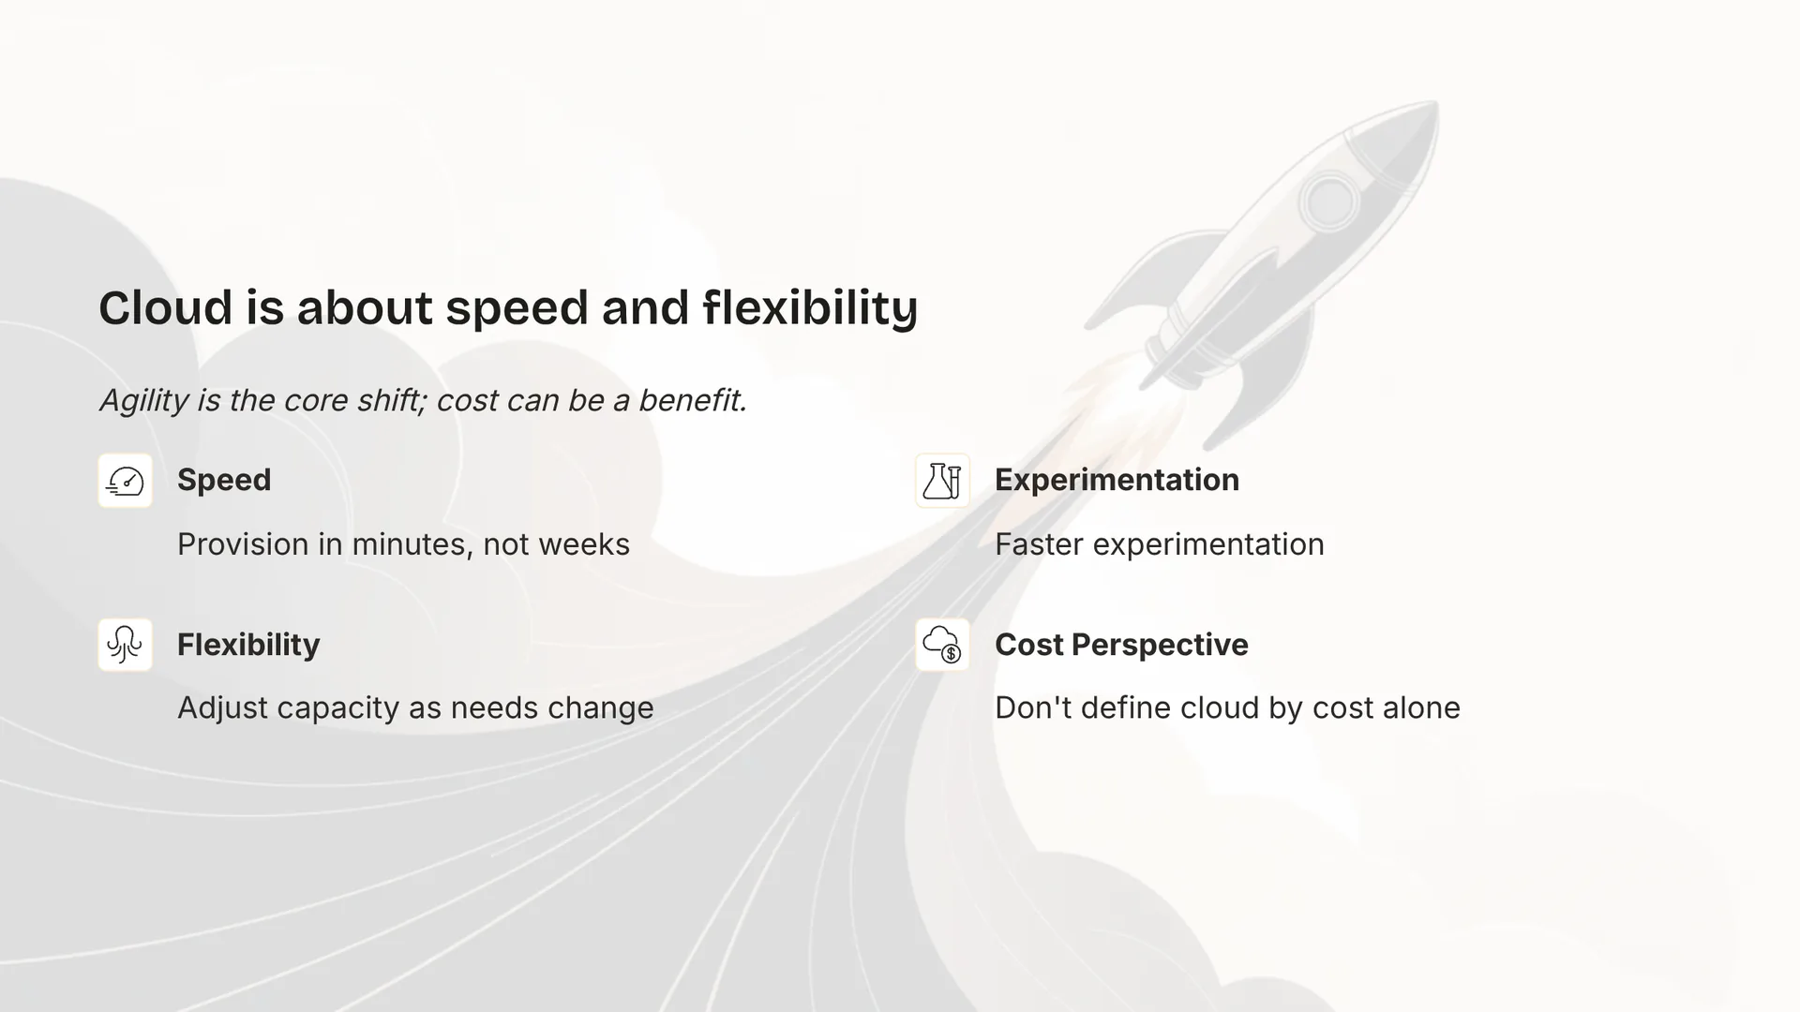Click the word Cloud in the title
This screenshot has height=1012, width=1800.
click(x=165, y=308)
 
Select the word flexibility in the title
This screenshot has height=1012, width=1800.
click(x=810, y=308)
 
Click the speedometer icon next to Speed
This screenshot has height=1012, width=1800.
click(x=126, y=481)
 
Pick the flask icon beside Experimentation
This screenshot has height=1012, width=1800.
click(x=942, y=481)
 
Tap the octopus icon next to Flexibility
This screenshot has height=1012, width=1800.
click(x=126, y=645)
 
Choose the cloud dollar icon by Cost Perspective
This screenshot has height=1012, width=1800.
click(x=942, y=645)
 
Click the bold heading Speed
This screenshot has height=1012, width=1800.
click(x=224, y=480)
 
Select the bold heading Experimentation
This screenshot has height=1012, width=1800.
click(x=1117, y=480)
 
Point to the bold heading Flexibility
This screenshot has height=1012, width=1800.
click(x=248, y=645)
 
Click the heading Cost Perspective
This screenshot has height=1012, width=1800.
click(x=1121, y=645)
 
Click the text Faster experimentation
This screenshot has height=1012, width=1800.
click(x=1159, y=544)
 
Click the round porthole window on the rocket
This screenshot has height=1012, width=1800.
click(x=1328, y=201)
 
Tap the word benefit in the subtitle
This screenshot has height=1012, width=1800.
click(x=692, y=401)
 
